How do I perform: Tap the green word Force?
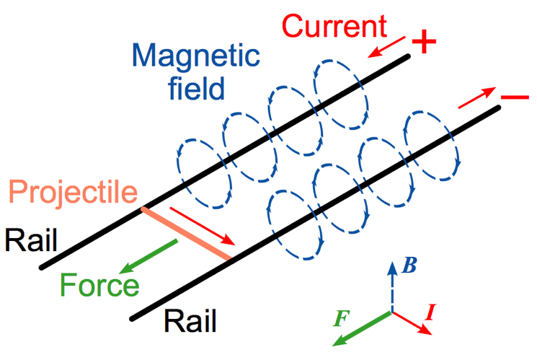pyautogui.click(x=100, y=284)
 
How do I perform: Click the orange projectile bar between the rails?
pyautogui.click(x=186, y=234)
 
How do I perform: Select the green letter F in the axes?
pyautogui.click(x=343, y=316)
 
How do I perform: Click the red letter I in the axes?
pyautogui.click(x=430, y=312)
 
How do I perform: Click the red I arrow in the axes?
pyautogui.click(x=412, y=322)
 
